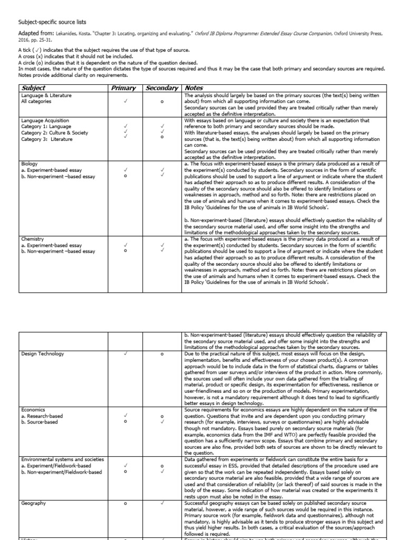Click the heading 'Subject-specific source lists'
point(53,22)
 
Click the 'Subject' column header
point(33,88)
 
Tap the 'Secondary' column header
point(162,88)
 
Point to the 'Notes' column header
point(194,88)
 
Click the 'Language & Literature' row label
point(46,95)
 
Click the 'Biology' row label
point(30,164)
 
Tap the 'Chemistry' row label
point(32,239)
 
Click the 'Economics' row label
point(34,410)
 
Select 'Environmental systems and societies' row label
point(63,460)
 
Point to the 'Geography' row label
point(34,504)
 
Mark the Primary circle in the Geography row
point(126,504)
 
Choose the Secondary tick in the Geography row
point(162,504)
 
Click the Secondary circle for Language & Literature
point(162,102)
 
